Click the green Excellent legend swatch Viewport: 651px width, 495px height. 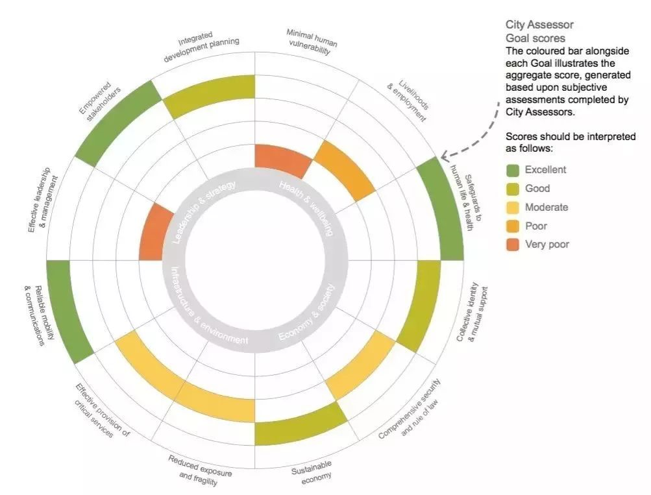click(x=513, y=170)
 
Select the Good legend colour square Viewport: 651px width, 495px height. click(x=513, y=189)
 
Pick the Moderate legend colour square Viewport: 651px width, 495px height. click(x=513, y=208)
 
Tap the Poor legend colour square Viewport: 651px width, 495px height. click(x=513, y=226)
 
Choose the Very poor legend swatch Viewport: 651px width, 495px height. click(x=513, y=245)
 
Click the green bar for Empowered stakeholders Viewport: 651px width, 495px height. click(x=117, y=121)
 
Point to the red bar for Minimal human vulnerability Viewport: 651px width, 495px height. click(x=282, y=159)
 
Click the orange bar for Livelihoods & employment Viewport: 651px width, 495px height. click(x=344, y=169)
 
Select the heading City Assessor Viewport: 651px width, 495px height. click(x=539, y=25)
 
